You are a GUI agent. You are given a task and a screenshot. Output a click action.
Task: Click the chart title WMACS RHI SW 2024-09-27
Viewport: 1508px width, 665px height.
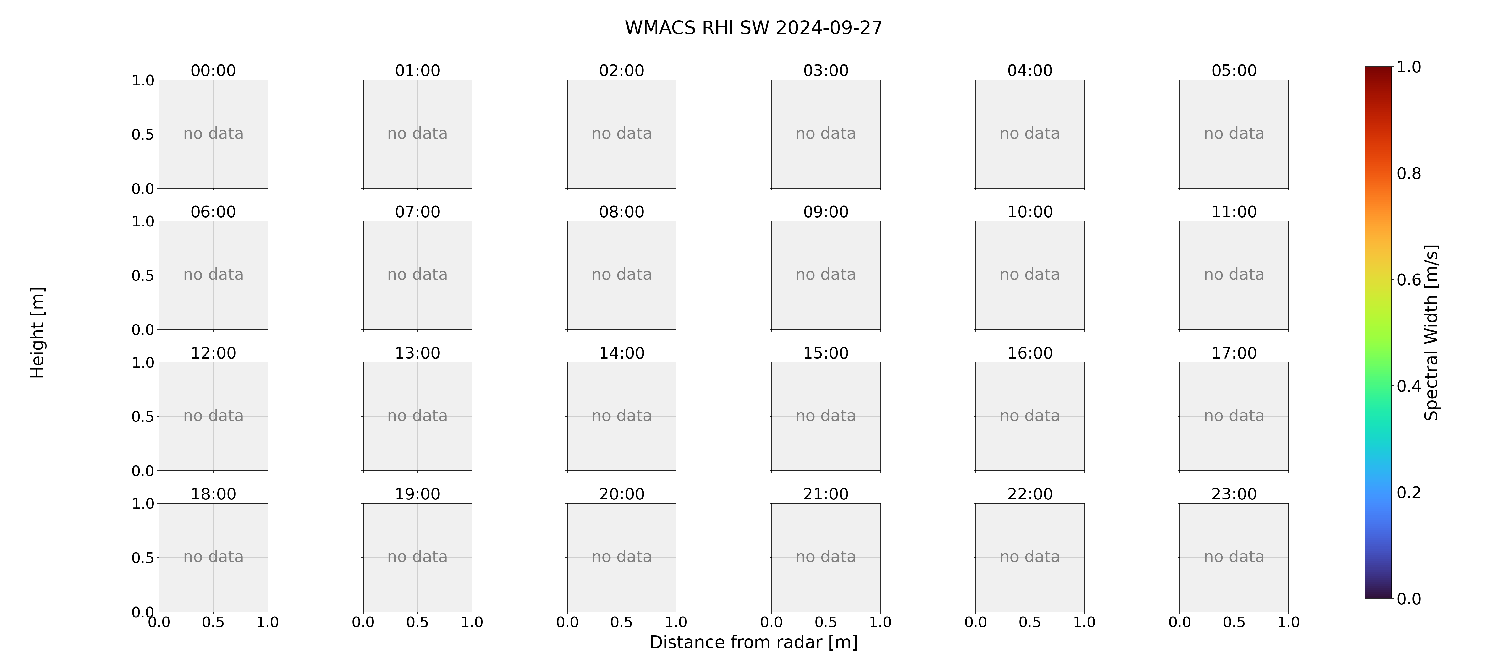[x=753, y=27]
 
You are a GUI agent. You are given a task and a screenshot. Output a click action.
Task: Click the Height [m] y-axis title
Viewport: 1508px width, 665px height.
[x=38, y=332]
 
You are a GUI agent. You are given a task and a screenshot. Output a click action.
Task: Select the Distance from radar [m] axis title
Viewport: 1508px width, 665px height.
[x=753, y=642]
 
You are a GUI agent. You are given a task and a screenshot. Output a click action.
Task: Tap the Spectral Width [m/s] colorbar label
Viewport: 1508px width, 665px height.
[x=1431, y=332]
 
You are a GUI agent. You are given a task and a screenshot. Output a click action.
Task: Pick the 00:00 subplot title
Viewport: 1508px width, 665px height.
[x=213, y=70]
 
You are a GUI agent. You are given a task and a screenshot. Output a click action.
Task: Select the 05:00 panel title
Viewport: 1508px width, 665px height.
[x=1234, y=70]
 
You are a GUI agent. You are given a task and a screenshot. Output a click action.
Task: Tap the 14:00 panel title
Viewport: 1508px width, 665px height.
[x=622, y=353]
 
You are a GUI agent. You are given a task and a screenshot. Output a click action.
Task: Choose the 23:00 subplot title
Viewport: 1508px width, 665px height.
[x=1234, y=494]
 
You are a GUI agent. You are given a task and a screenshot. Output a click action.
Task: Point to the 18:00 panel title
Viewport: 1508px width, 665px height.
[x=213, y=494]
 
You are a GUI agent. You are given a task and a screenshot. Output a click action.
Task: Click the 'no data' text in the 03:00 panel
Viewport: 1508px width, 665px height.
[x=826, y=134]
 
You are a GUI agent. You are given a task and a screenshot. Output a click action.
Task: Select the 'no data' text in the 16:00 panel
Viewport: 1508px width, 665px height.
[x=1030, y=416]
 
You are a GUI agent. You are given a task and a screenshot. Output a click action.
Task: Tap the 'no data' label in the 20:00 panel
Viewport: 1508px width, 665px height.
[x=622, y=557]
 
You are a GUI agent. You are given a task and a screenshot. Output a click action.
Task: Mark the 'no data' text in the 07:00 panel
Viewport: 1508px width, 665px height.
[x=418, y=275]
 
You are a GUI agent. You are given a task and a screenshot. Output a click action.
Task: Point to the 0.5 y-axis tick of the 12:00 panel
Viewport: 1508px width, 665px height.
[x=143, y=417]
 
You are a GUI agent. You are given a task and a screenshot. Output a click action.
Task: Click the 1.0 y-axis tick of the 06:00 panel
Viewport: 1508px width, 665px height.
[x=143, y=221]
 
